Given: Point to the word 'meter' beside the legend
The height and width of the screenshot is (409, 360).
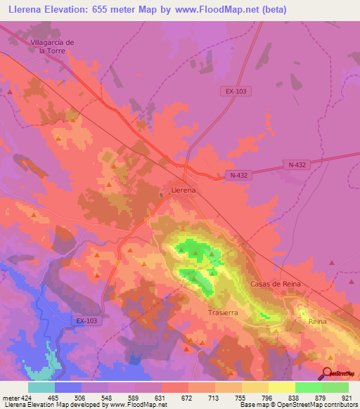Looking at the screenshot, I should click(x=9, y=397).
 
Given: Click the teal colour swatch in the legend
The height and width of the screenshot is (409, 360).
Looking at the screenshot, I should click(x=41, y=387).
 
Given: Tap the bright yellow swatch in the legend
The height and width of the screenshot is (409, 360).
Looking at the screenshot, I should click(x=282, y=387).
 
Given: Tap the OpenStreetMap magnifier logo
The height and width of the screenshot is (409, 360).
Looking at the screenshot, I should click(x=328, y=373).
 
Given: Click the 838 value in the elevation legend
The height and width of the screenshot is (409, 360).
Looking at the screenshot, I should click(x=295, y=397).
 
